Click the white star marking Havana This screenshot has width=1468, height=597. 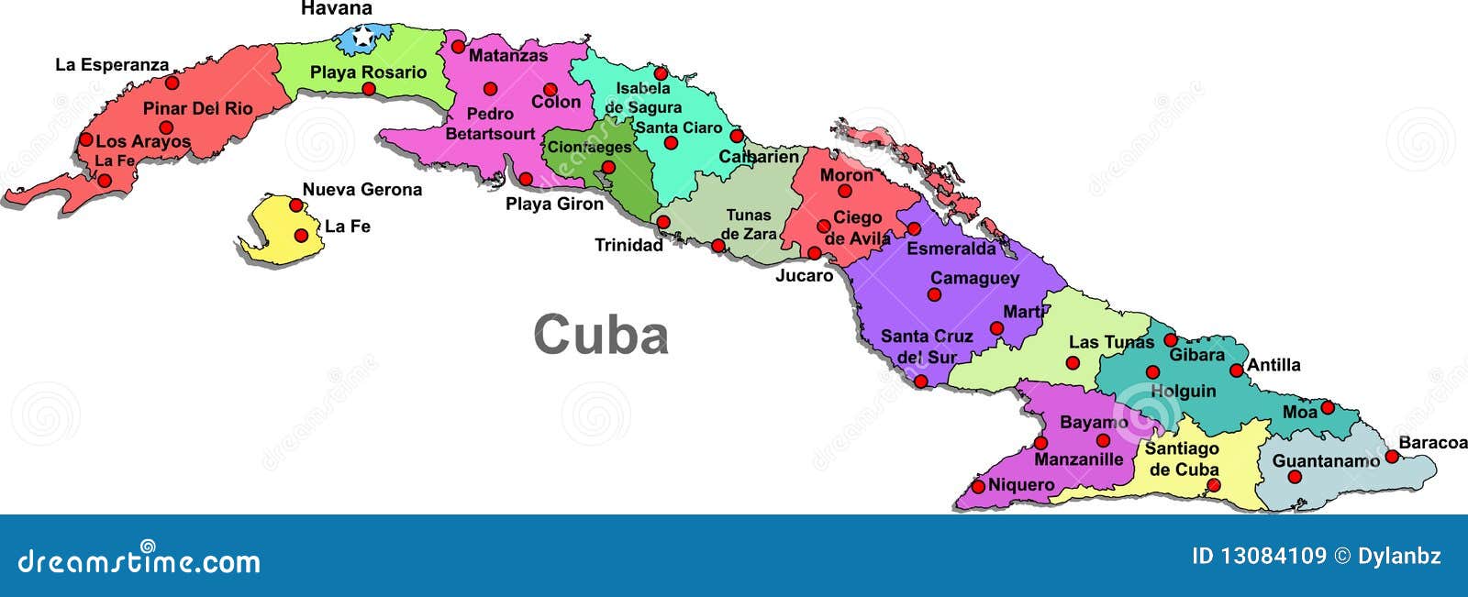click(363, 38)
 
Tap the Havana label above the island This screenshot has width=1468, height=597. click(337, 9)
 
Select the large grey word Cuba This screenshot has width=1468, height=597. click(601, 335)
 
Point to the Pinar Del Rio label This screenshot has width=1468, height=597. click(197, 108)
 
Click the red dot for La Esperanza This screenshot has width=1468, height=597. click(172, 83)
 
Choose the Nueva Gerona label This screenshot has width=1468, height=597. click(362, 190)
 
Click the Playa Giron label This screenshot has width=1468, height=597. click(555, 204)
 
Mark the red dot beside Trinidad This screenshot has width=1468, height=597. click(663, 222)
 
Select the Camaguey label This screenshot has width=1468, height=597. click(974, 278)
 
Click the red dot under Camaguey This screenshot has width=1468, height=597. click(934, 294)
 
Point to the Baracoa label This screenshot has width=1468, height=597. click(1432, 443)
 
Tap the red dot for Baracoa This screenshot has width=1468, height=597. click(1392, 456)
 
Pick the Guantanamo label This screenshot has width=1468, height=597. click(1326, 460)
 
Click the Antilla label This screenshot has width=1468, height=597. click(1274, 365)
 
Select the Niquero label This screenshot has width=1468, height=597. click(1021, 484)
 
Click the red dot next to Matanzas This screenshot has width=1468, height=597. click(458, 46)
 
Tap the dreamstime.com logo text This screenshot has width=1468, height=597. click(139, 560)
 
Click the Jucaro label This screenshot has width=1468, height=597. click(805, 275)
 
